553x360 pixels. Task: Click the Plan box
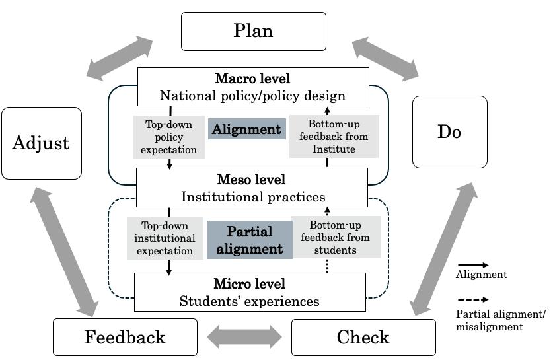pyautogui.click(x=253, y=31)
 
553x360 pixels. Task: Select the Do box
pyautogui.click(x=449, y=132)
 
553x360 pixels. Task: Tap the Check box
pyautogui.click(x=363, y=338)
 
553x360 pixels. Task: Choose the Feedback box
pyautogui.click(x=125, y=338)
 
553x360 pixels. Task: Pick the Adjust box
pyautogui.click(x=42, y=143)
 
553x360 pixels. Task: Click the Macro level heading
pyautogui.click(x=252, y=78)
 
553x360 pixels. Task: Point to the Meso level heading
pyautogui.click(x=252, y=179)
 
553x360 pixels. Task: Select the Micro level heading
pyautogui.click(x=250, y=284)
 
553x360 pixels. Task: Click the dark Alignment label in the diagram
pyautogui.click(x=246, y=129)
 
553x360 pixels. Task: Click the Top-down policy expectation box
pyautogui.click(x=168, y=137)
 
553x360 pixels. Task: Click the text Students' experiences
pyautogui.click(x=250, y=301)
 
